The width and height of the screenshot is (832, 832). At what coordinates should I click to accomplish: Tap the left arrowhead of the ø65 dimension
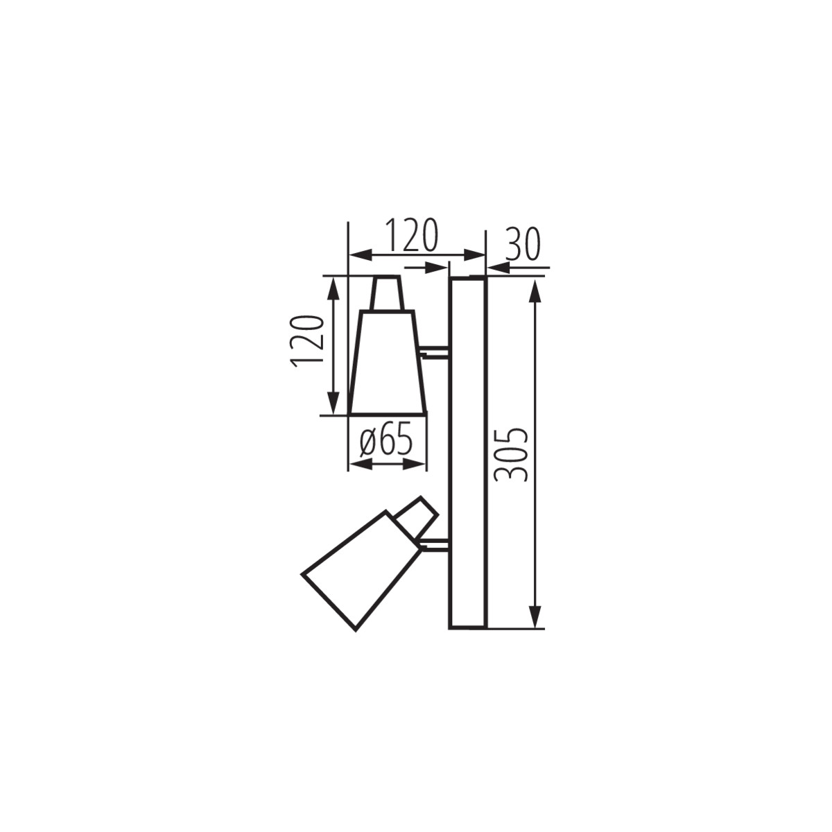point(358,463)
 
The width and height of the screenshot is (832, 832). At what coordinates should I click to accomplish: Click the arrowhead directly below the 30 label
point(498,266)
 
